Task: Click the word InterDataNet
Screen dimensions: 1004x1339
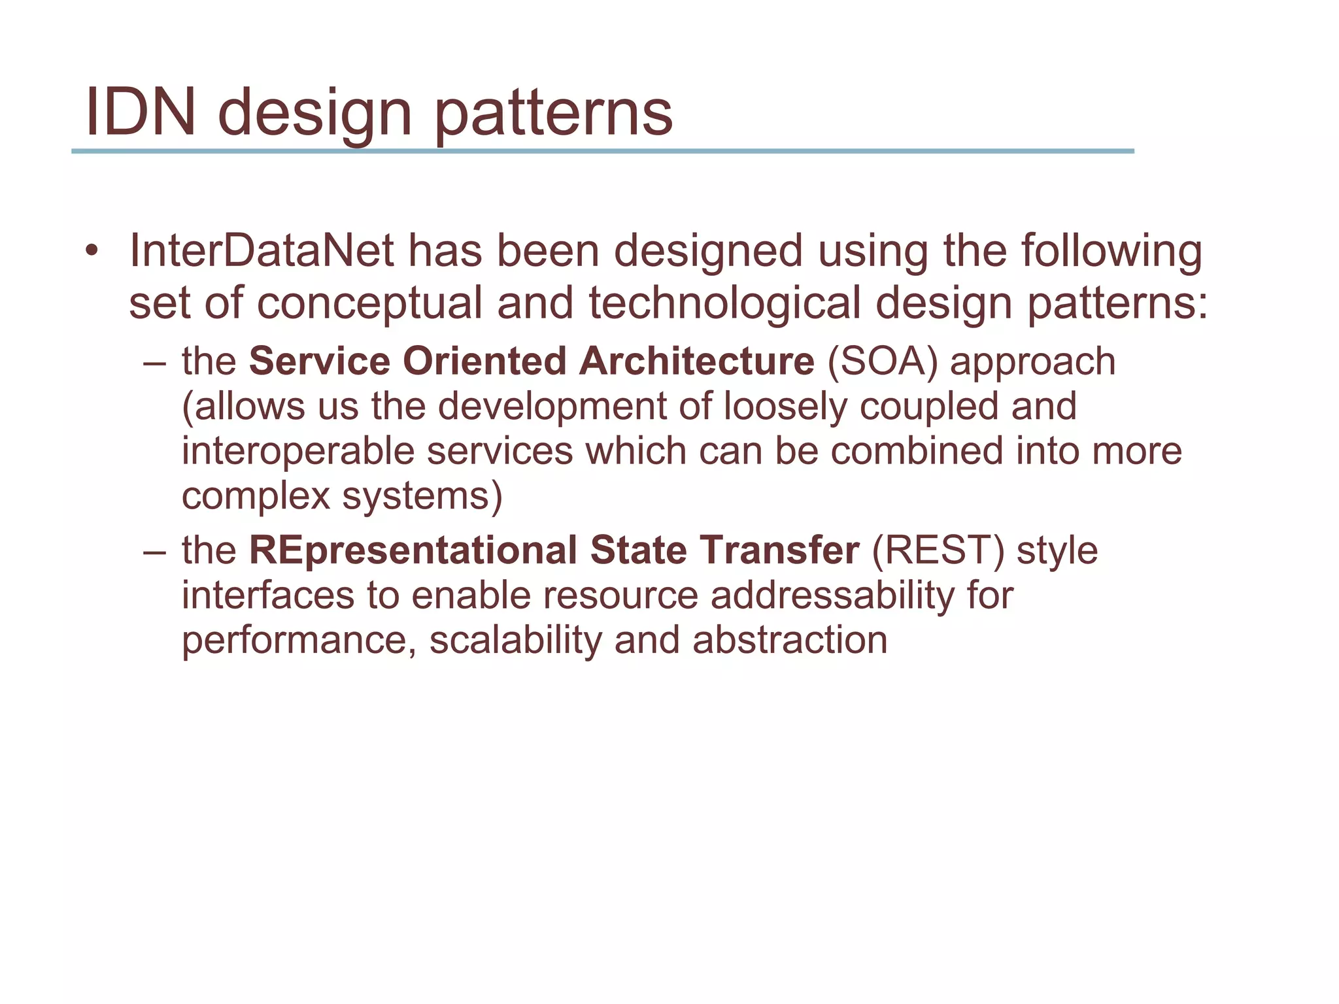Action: pos(262,251)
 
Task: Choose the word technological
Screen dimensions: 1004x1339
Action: pos(724,304)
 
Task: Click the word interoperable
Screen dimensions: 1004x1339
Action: pos(297,451)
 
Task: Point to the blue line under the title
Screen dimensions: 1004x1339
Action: pos(602,151)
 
